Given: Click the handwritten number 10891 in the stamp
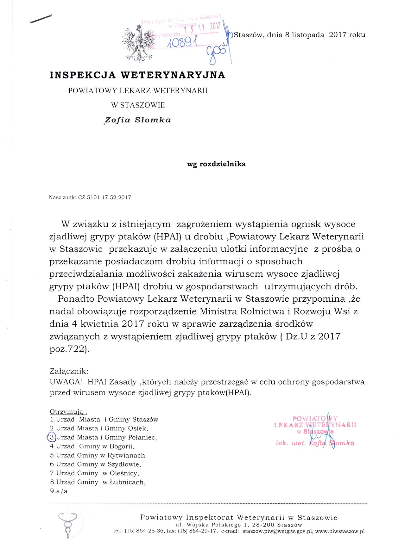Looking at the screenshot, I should (182, 42).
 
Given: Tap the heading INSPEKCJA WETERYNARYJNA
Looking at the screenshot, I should (137, 75).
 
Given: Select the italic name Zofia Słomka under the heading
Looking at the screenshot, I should (138, 120).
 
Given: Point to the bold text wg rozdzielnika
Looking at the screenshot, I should (216, 164).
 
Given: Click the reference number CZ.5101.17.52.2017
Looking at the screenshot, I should (104, 198).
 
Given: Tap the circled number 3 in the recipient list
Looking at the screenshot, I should (52, 437).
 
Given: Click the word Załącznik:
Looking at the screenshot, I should (69, 371).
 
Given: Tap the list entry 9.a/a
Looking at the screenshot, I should (59, 491).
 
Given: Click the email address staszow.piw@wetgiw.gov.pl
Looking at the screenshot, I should (277, 531).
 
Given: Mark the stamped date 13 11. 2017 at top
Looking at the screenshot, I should (203, 28).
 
